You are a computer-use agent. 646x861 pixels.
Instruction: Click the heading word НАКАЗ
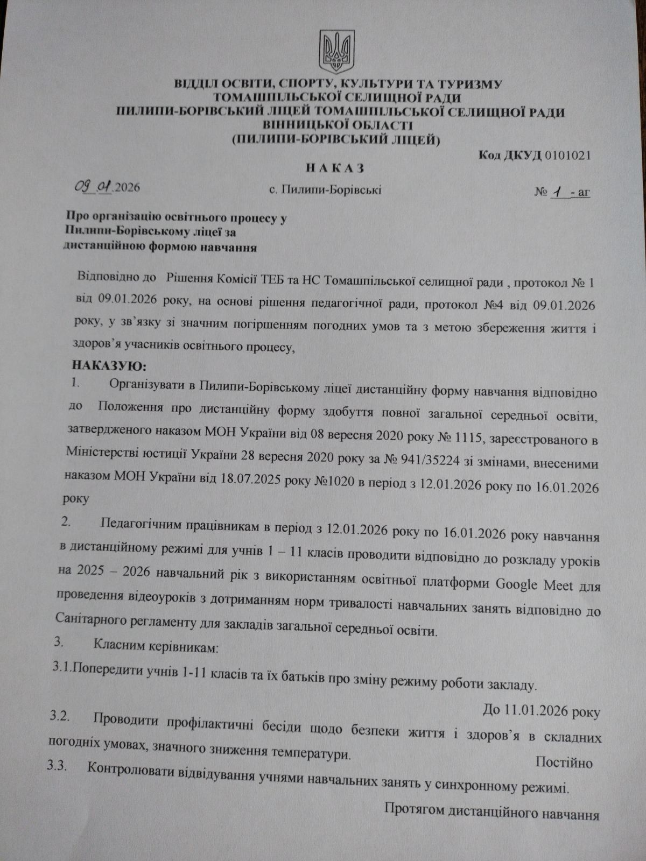(335, 168)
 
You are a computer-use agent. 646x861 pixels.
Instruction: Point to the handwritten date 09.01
(94, 187)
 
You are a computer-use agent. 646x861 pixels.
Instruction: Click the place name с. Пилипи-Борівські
(325, 190)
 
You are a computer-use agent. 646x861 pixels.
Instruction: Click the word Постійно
(564, 763)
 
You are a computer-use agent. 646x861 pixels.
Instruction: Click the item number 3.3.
(57, 767)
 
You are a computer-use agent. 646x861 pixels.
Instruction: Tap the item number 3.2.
(59, 717)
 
